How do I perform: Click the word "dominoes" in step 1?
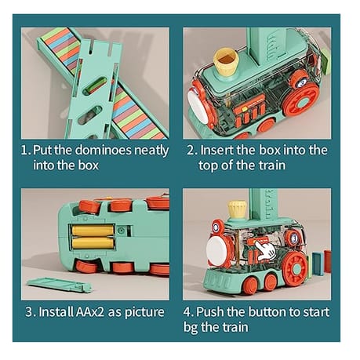tap(103, 150)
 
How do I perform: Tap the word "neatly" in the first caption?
tap(151, 151)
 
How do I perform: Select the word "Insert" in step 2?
tap(217, 150)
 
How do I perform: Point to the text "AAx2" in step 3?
tap(90, 311)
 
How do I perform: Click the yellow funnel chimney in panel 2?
tap(226, 62)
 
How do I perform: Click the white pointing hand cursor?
tap(265, 251)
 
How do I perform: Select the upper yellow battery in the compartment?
tap(93, 231)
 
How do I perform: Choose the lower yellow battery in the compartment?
tap(93, 243)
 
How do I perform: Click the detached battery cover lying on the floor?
tap(60, 285)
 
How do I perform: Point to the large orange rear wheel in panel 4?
tap(295, 268)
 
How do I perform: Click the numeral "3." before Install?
tap(31, 312)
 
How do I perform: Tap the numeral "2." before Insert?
tap(192, 151)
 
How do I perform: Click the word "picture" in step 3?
tap(144, 313)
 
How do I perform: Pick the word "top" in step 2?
tap(208, 166)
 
